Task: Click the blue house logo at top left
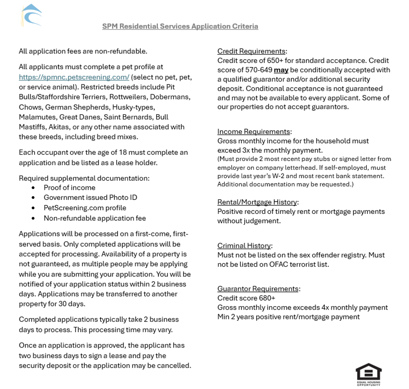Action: [x=32, y=15]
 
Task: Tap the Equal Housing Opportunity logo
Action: [x=368, y=374]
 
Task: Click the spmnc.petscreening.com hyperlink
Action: [x=74, y=77]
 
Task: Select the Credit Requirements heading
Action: [x=251, y=51]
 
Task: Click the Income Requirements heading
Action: [x=253, y=131]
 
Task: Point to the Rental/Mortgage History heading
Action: [x=257, y=202]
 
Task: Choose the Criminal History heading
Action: [x=244, y=246]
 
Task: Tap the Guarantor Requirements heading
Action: [x=258, y=289]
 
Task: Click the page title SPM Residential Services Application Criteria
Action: [x=180, y=26]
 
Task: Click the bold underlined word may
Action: [x=281, y=70]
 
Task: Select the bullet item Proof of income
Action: [x=69, y=188]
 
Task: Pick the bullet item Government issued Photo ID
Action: [x=90, y=197]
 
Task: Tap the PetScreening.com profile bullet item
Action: [x=85, y=208]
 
